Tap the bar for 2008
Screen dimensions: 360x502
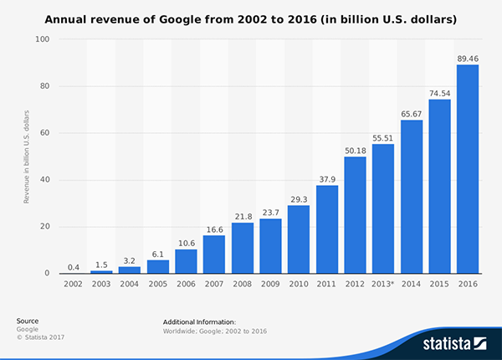(242, 248)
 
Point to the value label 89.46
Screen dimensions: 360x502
(467, 57)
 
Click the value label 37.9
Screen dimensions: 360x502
(326, 177)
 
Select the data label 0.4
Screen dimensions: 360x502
(73, 265)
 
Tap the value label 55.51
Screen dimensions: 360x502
(382, 136)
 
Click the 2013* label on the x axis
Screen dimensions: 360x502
(382, 284)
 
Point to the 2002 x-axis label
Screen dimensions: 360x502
(73, 284)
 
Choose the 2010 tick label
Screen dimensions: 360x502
(298, 284)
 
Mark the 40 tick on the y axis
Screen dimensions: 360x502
(45, 180)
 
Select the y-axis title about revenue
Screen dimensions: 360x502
(27, 157)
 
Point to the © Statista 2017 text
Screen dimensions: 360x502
(40, 337)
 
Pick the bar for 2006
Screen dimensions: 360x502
(186, 261)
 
